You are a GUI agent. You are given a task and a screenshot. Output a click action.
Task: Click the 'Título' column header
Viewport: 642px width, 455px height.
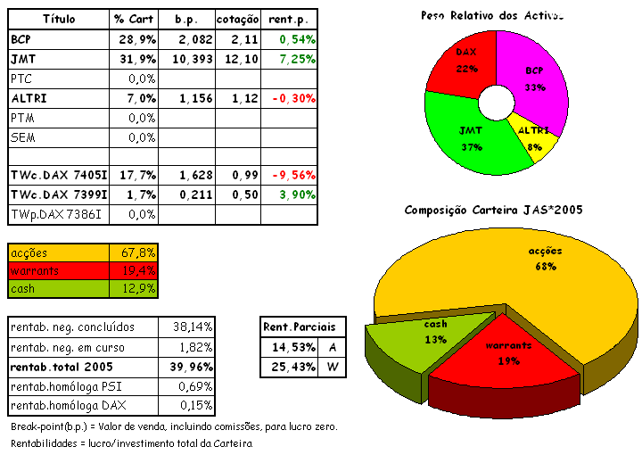pyautogui.click(x=59, y=19)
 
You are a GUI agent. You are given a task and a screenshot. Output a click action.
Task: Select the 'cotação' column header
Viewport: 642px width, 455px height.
pyautogui.click(x=237, y=19)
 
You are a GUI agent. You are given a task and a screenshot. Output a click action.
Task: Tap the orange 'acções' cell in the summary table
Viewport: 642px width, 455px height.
pyautogui.click(x=59, y=252)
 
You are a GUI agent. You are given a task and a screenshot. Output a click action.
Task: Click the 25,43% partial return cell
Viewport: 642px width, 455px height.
pyautogui.click(x=291, y=367)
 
